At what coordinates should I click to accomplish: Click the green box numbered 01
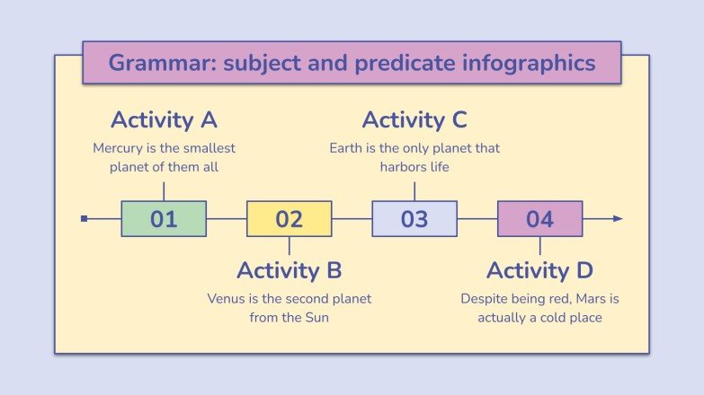pyautogui.click(x=164, y=219)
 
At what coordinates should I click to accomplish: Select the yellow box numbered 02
pyautogui.click(x=289, y=219)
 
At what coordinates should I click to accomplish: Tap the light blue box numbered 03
pyautogui.click(x=414, y=219)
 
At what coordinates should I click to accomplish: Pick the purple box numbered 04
pyautogui.click(x=539, y=219)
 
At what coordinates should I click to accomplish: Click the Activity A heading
pyautogui.click(x=164, y=120)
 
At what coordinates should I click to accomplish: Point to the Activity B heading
pyautogui.click(x=289, y=270)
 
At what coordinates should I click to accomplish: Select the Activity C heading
pyautogui.click(x=414, y=120)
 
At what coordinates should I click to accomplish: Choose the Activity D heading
pyautogui.click(x=539, y=270)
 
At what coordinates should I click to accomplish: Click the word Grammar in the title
pyautogui.click(x=149, y=63)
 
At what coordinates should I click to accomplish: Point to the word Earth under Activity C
pyautogui.click(x=348, y=148)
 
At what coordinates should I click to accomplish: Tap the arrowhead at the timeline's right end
pyautogui.click(x=617, y=218)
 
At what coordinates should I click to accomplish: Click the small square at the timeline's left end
pyautogui.click(x=84, y=218)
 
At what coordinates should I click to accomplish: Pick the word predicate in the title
pyautogui.click(x=397, y=63)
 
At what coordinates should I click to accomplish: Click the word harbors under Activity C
pyautogui.click(x=404, y=167)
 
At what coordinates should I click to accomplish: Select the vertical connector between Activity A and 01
pyautogui.click(x=164, y=191)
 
